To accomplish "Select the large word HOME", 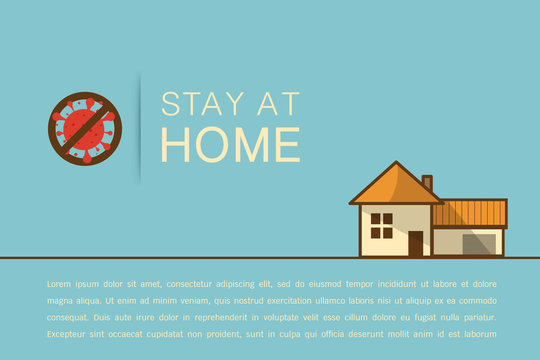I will [x=230, y=143].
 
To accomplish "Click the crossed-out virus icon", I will [x=84, y=128].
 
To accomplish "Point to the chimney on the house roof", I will [x=427, y=183].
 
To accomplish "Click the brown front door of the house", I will [x=415, y=243].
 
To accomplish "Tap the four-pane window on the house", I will [x=382, y=225].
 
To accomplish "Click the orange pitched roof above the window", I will [x=394, y=186].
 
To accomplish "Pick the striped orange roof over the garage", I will [x=470, y=213].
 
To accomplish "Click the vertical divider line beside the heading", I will [x=140, y=127].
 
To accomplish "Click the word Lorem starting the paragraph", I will [x=59, y=284].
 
